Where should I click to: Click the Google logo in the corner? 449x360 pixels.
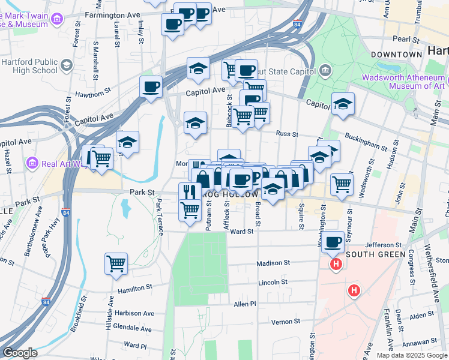[x=20, y=353]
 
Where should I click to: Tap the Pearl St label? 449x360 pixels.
[x=405, y=39]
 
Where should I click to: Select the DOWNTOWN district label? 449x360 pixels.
[x=397, y=55]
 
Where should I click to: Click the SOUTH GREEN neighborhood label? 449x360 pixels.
[x=372, y=254]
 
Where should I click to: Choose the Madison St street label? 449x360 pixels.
[x=273, y=263]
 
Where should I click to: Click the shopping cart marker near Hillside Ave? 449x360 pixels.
[x=115, y=263]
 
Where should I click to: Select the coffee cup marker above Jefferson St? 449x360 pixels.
[x=333, y=242]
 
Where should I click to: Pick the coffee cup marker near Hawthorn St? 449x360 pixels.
[x=151, y=86]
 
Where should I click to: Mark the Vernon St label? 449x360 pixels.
[x=281, y=322]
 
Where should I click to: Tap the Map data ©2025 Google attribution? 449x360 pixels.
[x=412, y=355]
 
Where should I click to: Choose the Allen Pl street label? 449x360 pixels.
[x=245, y=304]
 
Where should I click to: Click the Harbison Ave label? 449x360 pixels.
[x=136, y=313]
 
